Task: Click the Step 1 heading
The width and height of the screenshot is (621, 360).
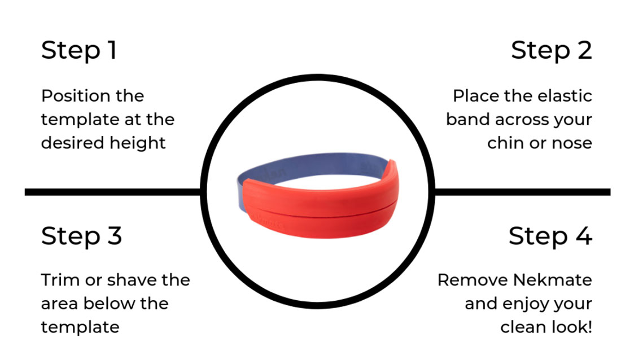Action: (79, 50)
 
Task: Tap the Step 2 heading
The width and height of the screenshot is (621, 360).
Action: (552, 50)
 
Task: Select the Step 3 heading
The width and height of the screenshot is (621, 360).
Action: (81, 236)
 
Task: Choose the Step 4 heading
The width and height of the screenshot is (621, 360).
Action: (550, 236)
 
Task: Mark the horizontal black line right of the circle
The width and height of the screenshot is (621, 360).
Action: (522, 192)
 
